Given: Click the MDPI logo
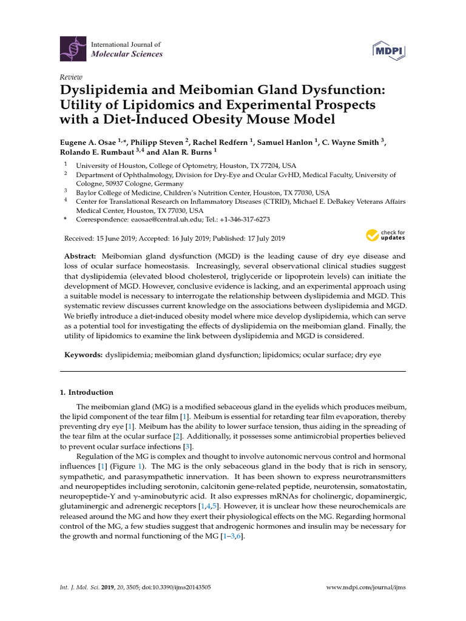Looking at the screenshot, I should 387,50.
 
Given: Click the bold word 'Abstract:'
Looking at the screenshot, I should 81,257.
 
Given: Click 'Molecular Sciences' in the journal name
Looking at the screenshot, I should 126,54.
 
